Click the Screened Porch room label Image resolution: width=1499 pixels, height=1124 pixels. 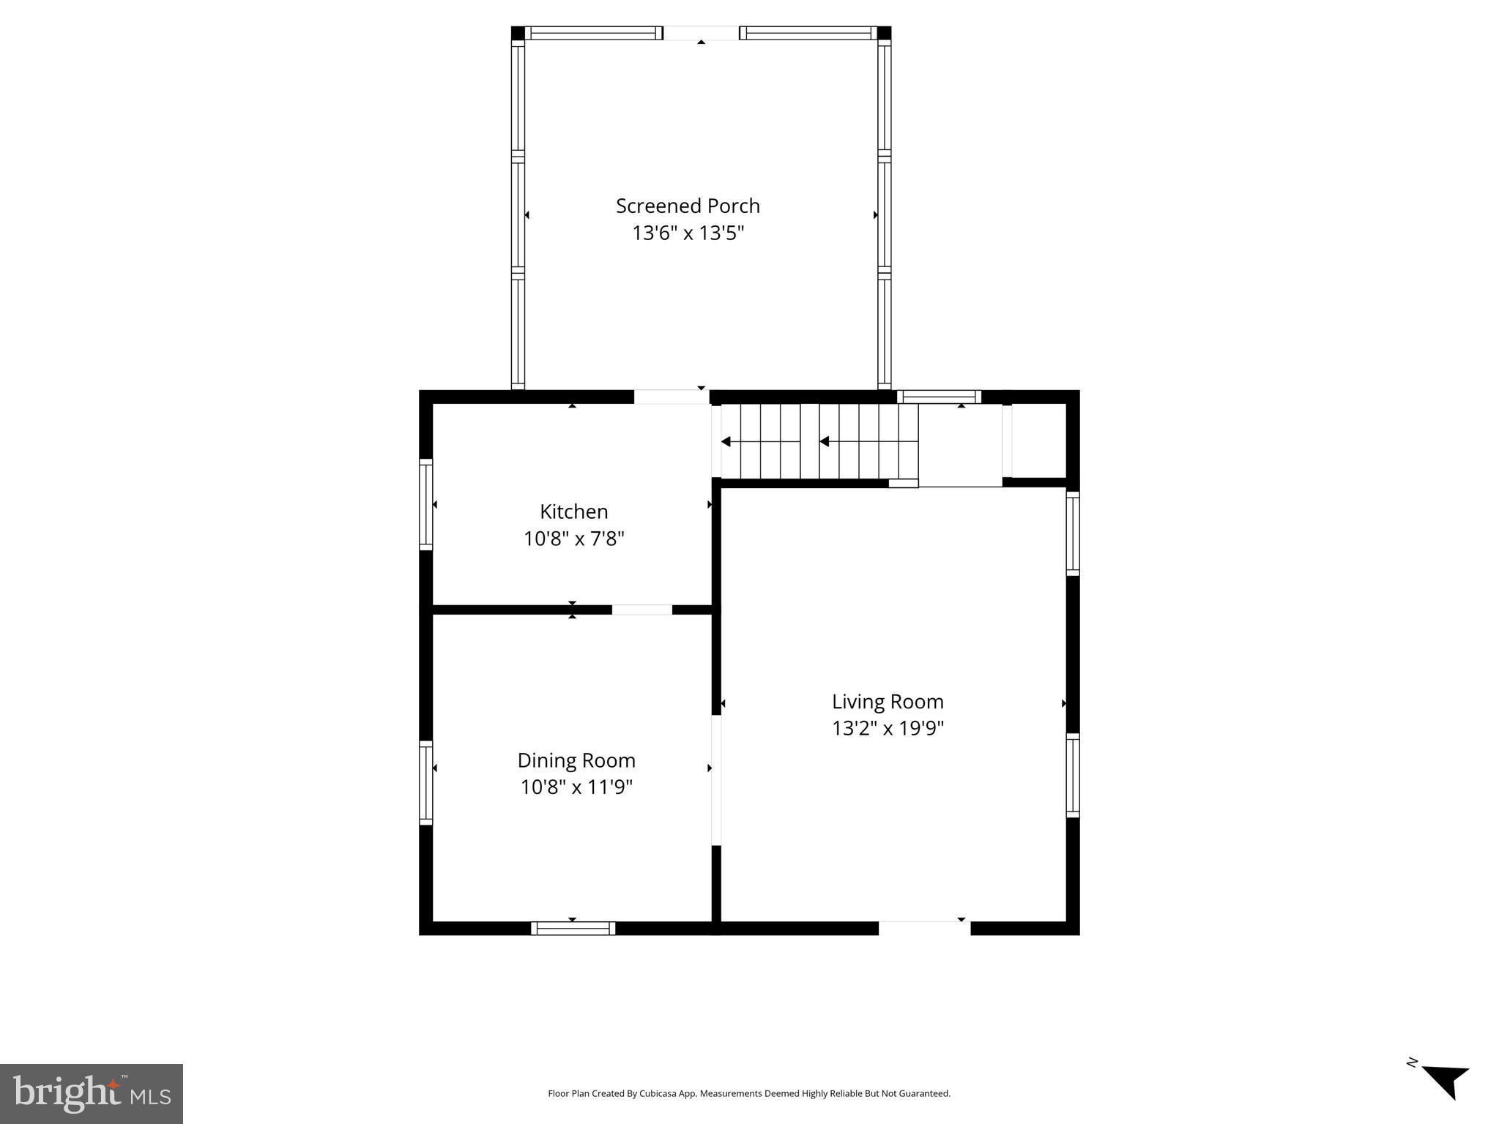(688, 206)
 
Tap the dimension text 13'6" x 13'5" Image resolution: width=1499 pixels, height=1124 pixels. (688, 233)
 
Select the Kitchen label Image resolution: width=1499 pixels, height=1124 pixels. (573, 512)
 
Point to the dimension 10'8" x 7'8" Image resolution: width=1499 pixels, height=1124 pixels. (573, 539)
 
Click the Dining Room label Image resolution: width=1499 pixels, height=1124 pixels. (576, 760)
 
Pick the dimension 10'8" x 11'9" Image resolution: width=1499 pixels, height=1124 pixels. (576, 787)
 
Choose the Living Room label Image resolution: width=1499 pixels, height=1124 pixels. (888, 702)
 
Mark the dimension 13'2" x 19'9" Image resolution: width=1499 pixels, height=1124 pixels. (888, 729)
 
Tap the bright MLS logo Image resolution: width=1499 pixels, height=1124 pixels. (92, 1093)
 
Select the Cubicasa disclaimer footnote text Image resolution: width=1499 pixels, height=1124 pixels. (748, 1093)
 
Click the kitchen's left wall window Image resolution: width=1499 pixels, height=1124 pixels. (425, 504)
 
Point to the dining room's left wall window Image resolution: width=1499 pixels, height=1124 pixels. (425, 782)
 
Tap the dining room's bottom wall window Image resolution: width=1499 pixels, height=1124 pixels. (573, 928)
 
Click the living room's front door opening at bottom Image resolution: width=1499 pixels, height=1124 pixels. (924, 928)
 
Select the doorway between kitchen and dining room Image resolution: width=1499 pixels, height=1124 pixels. (641, 610)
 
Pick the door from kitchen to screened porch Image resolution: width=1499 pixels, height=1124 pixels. (671, 397)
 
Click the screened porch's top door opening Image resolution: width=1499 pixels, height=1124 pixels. (701, 33)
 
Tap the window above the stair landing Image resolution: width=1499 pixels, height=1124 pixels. (939, 397)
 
